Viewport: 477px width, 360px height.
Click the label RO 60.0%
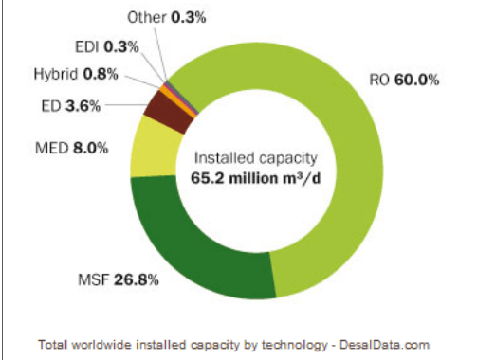(404, 81)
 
